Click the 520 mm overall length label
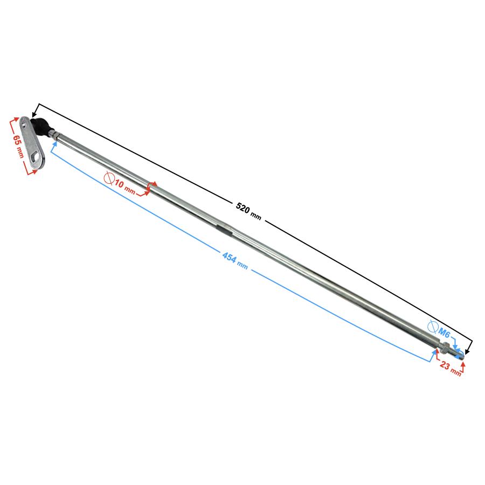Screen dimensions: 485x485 point(248,212)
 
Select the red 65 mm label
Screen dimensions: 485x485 point(18,146)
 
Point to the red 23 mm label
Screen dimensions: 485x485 point(451,368)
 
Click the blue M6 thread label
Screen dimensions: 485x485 point(444,333)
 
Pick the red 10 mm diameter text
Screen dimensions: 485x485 point(125,187)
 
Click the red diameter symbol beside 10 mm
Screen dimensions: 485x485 point(109,177)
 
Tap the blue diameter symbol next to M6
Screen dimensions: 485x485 point(433,327)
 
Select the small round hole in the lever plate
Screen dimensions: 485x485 point(24,125)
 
